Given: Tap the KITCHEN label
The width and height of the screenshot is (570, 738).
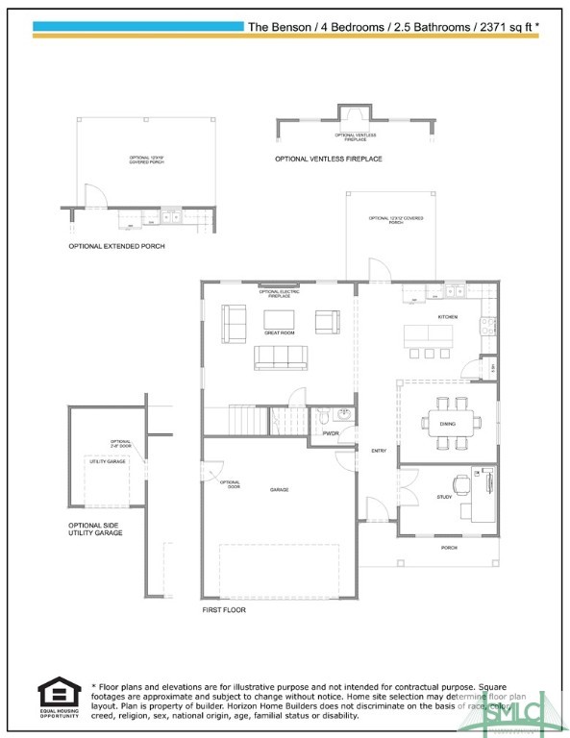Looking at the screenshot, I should (447, 317).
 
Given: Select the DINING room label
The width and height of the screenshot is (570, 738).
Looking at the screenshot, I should (448, 424).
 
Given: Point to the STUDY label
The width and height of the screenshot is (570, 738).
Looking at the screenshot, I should (444, 497).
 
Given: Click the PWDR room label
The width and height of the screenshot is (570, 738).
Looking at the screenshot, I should (332, 434).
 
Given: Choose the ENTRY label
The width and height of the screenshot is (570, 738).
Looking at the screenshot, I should (378, 451).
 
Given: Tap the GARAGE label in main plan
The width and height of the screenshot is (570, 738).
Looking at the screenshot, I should (279, 490).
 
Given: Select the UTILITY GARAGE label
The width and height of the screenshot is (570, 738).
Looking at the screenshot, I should (108, 462).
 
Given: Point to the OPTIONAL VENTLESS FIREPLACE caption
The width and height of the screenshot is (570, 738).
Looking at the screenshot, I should (329, 159).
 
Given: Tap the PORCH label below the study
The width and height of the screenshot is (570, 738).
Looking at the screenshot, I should (449, 548).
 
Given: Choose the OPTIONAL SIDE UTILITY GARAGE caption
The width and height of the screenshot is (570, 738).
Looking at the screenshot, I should (95, 529).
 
